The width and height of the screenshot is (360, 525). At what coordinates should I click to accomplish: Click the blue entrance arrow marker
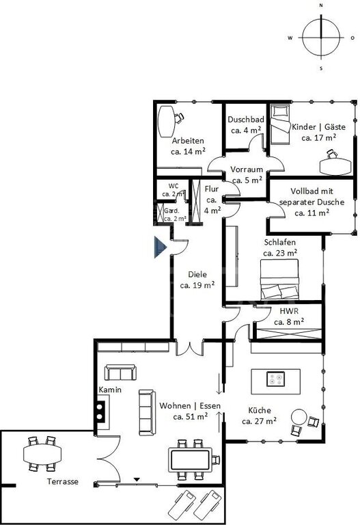(x=160, y=247)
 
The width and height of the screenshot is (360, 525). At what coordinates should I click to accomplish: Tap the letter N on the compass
(x=321, y=5)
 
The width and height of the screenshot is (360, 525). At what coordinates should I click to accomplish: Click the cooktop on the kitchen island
(x=276, y=379)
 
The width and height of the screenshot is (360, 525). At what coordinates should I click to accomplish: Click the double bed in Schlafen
(x=279, y=280)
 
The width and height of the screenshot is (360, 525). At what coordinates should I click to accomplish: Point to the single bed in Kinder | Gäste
(x=279, y=124)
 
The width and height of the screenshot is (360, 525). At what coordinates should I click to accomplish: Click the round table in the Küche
(x=299, y=417)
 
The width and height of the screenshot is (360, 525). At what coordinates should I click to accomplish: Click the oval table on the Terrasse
(x=42, y=454)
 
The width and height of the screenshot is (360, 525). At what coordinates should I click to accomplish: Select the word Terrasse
(x=63, y=481)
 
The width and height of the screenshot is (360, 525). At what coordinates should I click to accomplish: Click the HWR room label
(x=289, y=311)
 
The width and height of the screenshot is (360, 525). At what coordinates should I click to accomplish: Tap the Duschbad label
(x=246, y=119)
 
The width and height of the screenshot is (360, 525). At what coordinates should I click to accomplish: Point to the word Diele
(x=197, y=274)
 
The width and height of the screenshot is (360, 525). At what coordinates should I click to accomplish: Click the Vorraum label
(x=247, y=169)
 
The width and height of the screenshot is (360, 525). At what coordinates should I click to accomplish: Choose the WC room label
(x=174, y=186)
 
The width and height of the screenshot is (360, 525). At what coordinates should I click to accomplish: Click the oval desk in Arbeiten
(x=167, y=122)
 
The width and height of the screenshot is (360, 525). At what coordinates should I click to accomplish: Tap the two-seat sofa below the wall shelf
(x=120, y=373)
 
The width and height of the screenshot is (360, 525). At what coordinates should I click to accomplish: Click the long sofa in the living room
(x=148, y=412)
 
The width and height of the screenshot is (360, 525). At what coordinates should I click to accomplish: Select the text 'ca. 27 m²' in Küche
(x=259, y=421)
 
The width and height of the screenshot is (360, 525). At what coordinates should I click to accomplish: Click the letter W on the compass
(x=290, y=38)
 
